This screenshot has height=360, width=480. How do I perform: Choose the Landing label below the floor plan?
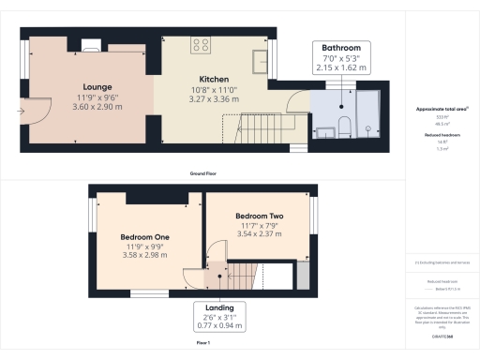pos(220,307)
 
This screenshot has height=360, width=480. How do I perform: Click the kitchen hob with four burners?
pos(201,43)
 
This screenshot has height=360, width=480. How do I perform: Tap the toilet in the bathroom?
pos(346,127)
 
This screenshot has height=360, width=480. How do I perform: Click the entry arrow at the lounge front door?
pos(22,110)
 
